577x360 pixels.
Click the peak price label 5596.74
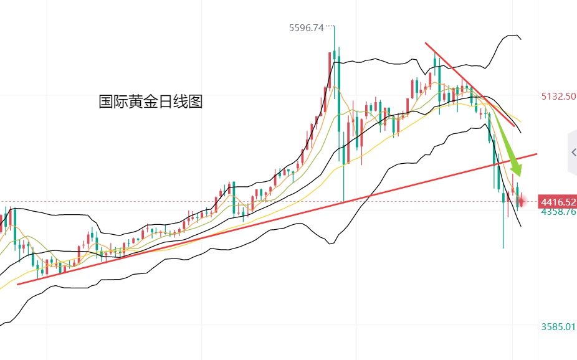click(x=306, y=27)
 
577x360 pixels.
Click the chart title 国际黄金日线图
click(x=151, y=102)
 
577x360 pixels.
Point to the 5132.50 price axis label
click(x=558, y=97)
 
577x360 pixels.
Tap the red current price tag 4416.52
click(x=558, y=202)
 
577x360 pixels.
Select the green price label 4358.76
click(x=558, y=212)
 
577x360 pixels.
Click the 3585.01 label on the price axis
click(x=558, y=326)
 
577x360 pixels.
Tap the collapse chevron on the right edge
click(x=573, y=152)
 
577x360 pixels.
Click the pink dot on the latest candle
click(x=522, y=201)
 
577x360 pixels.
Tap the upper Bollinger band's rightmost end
click(x=521, y=39)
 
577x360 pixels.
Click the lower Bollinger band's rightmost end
click(x=521, y=226)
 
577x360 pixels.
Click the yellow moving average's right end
click(x=521, y=121)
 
